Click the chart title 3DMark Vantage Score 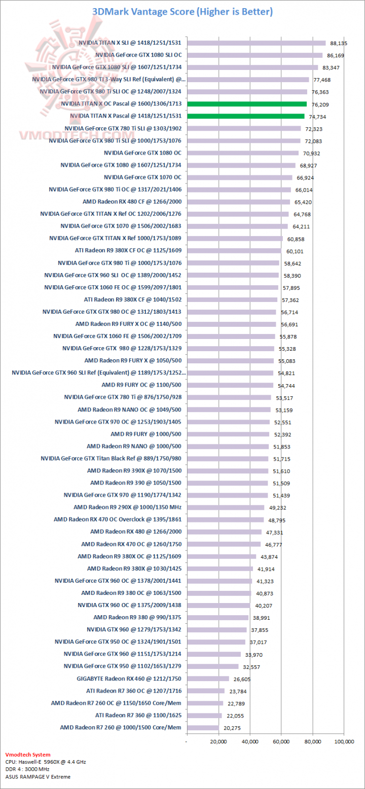(182, 11)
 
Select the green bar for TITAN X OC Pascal (247, 104)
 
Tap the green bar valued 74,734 (246, 116)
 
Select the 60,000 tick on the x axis (281, 742)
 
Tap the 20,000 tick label (218, 742)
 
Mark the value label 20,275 (232, 728)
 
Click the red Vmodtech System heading (28, 755)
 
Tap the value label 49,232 (277, 508)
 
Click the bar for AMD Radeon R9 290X (226, 507)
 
